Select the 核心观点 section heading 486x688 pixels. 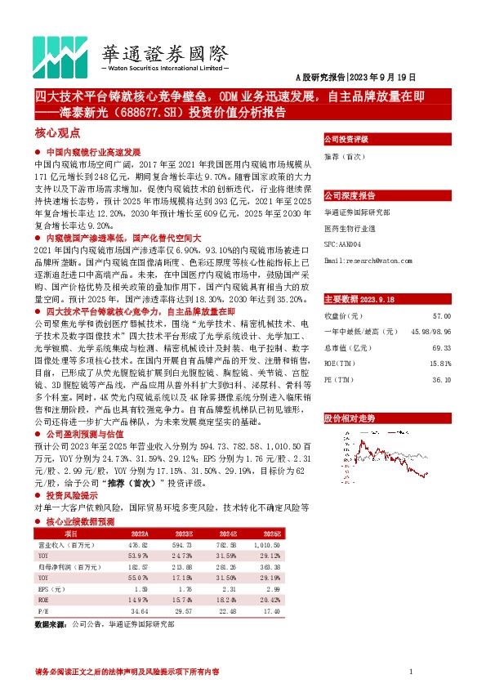point(57,132)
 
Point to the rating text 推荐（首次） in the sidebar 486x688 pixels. point(345,156)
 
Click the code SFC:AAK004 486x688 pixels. point(342,244)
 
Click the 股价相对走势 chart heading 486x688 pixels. point(350,418)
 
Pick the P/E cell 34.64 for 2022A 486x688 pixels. point(143,610)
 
